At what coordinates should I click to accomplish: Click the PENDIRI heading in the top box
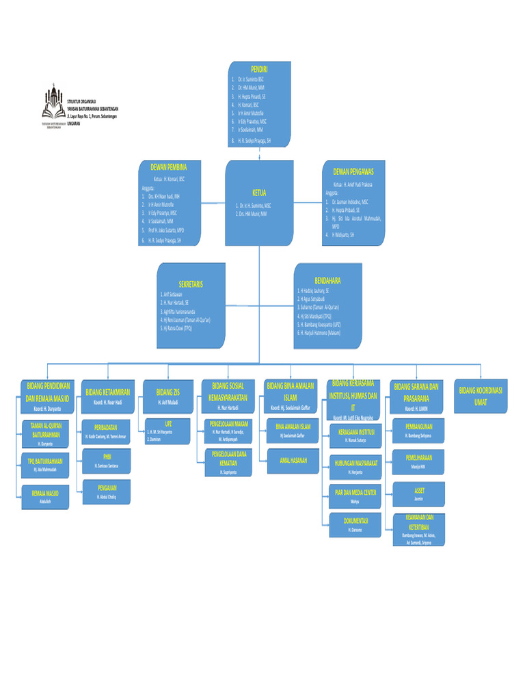[259, 70]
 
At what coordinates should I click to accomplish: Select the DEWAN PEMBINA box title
[168, 166]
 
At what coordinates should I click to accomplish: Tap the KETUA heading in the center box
[259, 193]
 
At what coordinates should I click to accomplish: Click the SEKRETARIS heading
[191, 284]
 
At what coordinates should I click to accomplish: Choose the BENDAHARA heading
[327, 280]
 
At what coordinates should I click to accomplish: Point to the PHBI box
[107, 460]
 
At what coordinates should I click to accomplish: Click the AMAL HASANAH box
[293, 461]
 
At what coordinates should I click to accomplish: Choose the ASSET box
[420, 494]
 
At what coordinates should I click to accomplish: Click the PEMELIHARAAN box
[420, 461]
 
